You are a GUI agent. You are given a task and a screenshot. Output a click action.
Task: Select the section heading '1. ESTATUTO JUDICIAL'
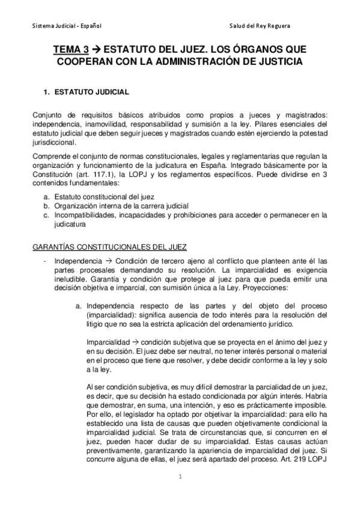coord(84,93)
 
